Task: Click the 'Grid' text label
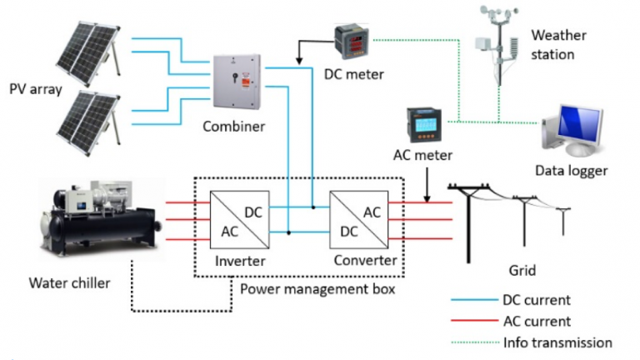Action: (522, 271)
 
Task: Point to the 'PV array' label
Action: (37, 88)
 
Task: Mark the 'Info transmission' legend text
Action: (558, 342)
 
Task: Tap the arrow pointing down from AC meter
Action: (427, 187)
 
